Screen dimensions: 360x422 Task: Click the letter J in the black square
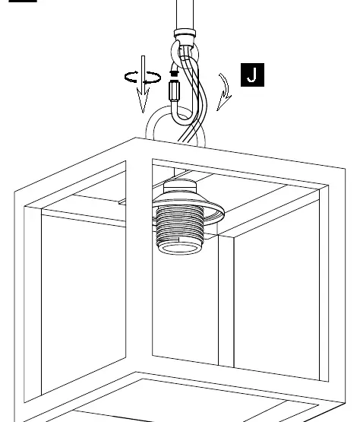coord(252,75)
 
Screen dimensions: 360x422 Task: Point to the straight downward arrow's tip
coord(143,113)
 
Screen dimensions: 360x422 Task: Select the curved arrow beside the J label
coord(226,91)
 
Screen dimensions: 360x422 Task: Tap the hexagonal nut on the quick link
coord(175,90)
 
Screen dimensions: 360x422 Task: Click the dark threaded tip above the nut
coord(174,73)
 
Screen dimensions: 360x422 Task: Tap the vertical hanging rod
coord(185,14)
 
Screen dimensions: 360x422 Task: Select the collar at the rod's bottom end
coord(185,34)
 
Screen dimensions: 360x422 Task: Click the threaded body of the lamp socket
coord(180,225)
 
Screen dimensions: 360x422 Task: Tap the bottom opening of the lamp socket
coord(179,248)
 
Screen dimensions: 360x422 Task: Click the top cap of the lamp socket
coord(180,185)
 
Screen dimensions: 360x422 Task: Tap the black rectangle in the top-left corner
coord(23,1)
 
